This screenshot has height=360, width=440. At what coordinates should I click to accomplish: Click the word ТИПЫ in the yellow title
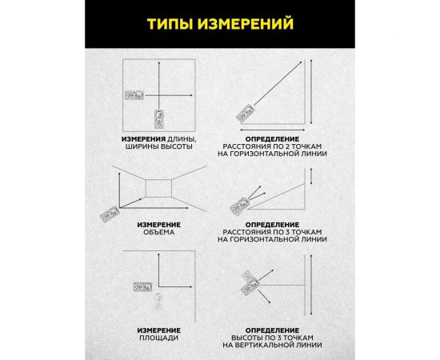click(x=170, y=24)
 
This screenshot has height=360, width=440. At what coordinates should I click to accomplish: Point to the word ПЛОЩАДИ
click(x=160, y=338)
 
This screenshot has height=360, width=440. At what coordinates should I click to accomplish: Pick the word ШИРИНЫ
click(x=143, y=148)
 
